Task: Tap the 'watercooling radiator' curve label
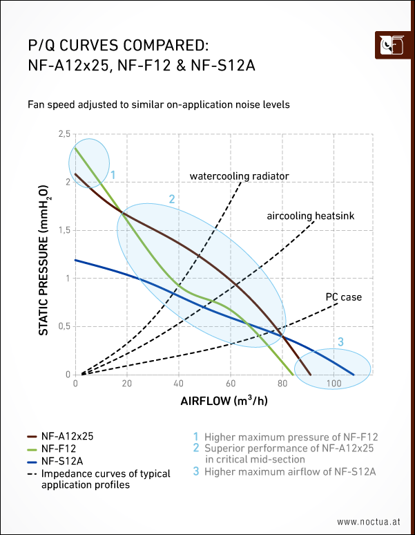[x=239, y=176]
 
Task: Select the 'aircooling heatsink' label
[x=310, y=216]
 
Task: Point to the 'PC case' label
[x=343, y=297]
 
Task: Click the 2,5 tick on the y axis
[x=64, y=133]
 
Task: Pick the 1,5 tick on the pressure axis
[x=64, y=230]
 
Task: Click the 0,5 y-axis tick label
[x=64, y=326]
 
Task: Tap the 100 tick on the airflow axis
[x=334, y=384]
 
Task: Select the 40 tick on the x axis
[x=179, y=384]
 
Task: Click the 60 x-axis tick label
[x=231, y=384]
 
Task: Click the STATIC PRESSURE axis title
[x=44, y=260]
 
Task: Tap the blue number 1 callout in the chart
[x=112, y=175]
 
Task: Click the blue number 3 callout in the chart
[x=340, y=341]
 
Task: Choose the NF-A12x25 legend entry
[x=67, y=437]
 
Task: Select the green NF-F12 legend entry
[x=57, y=449]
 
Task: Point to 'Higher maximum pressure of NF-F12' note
[x=291, y=437]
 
